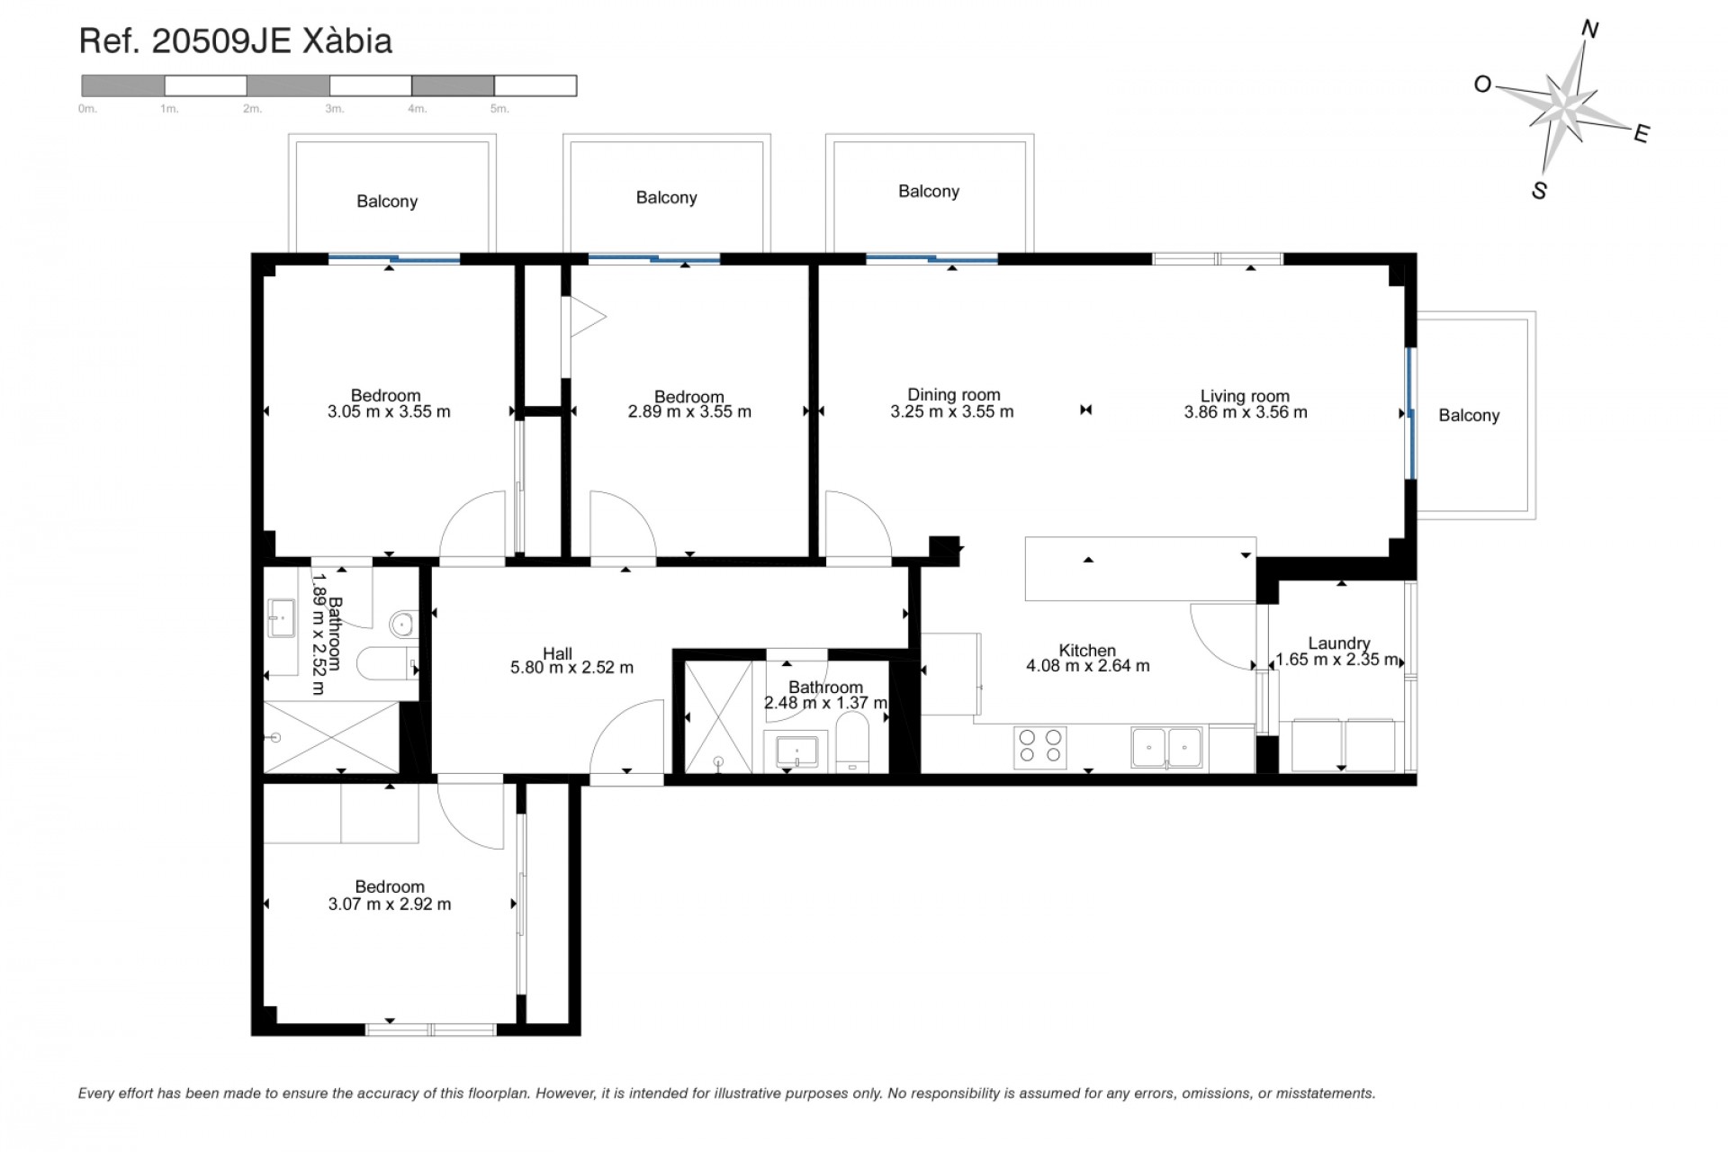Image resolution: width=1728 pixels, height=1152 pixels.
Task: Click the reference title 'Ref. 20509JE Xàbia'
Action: [236, 41]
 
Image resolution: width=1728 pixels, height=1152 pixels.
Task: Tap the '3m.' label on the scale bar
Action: [334, 109]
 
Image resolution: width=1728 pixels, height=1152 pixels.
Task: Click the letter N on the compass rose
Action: [1589, 31]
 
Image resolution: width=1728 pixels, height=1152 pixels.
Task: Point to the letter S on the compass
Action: [1539, 191]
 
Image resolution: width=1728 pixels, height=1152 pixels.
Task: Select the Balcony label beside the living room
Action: [1469, 415]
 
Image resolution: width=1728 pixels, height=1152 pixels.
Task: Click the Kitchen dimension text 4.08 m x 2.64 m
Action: [1087, 666]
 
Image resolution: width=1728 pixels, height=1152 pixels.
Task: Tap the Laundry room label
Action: [1339, 643]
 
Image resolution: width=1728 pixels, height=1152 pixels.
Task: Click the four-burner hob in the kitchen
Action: [1039, 747]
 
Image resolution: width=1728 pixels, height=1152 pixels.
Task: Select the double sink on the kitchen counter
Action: [1167, 748]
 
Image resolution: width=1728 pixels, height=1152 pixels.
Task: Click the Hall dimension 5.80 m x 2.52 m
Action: [571, 668]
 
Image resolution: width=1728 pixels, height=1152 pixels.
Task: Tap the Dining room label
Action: [953, 394]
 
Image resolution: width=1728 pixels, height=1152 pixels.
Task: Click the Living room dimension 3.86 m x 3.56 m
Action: [1246, 412]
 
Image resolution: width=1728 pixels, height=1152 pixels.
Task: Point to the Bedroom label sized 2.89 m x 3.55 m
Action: [688, 396]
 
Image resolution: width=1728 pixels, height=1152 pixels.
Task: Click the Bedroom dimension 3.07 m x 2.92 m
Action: [390, 904]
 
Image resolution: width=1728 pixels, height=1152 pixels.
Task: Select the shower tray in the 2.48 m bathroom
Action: [718, 717]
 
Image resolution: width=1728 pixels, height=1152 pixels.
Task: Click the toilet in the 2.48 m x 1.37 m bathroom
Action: [850, 742]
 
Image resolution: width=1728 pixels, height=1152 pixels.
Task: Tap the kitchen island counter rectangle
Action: [1139, 569]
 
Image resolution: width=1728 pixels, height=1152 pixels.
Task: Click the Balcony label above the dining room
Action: [928, 191]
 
